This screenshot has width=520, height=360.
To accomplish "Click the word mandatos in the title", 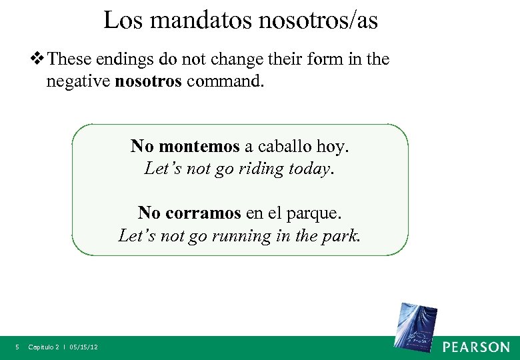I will click(201, 21).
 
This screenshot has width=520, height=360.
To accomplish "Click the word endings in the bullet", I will click(129, 59).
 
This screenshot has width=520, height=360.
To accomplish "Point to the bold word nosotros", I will click(149, 82).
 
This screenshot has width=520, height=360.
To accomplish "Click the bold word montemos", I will click(200, 146).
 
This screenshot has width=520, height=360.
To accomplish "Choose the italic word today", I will click(309, 169).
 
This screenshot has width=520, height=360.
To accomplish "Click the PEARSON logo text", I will click(476, 347).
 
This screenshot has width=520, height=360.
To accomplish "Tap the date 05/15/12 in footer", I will click(84, 347).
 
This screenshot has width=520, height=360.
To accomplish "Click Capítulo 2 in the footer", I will click(44, 347).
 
